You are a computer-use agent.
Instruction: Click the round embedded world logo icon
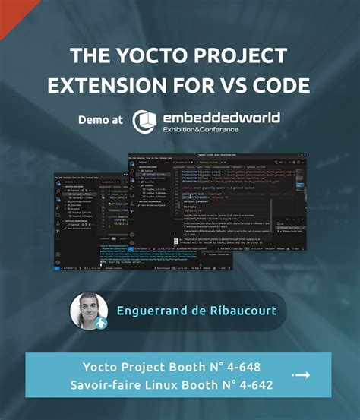[145, 122]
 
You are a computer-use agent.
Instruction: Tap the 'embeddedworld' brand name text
[220, 117]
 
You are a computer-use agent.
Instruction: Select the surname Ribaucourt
[243, 311]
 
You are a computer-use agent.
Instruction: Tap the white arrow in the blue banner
[302, 375]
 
